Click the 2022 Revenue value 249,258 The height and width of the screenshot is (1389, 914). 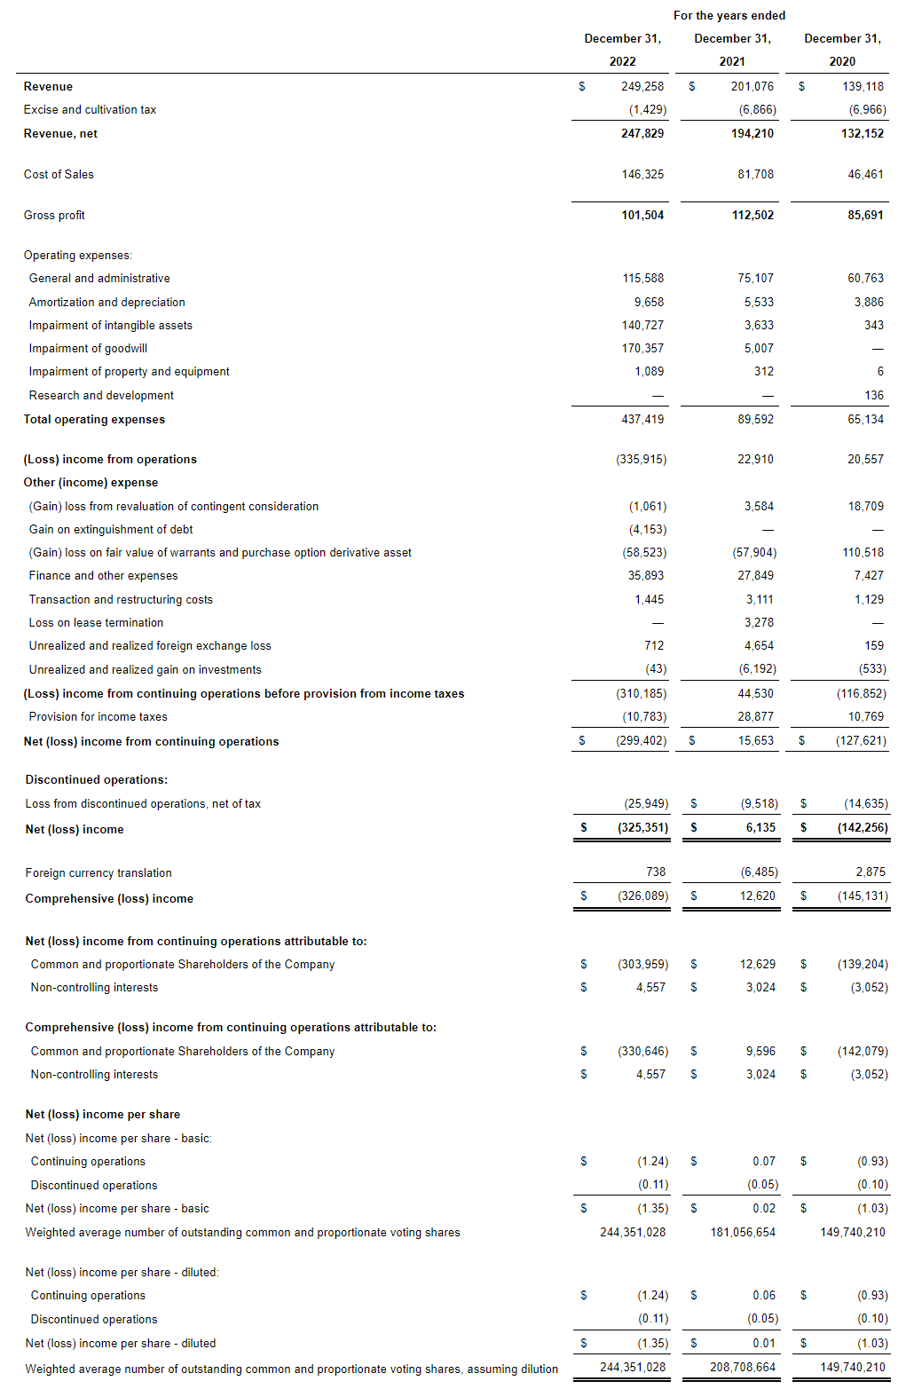click(642, 86)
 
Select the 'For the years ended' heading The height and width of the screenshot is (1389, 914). click(729, 15)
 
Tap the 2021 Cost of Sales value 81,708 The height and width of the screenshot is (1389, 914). click(755, 174)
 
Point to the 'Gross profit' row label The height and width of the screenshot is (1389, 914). click(54, 215)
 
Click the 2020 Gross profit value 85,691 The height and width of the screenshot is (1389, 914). click(865, 215)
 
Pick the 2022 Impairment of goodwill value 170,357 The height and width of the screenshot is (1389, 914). click(642, 348)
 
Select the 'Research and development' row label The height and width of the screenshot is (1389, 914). click(101, 395)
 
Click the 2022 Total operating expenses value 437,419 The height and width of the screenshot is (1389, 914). click(642, 419)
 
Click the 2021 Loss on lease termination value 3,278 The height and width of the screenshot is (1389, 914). click(759, 622)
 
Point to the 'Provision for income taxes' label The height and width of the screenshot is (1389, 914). click(98, 716)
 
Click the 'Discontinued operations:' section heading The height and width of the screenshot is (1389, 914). click(96, 779)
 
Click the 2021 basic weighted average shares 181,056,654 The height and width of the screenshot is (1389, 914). click(743, 1232)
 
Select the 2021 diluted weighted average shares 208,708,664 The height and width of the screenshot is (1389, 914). click(743, 1367)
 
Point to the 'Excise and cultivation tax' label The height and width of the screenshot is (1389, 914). click(90, 109)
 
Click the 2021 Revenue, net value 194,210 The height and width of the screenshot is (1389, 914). click(752, 133)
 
